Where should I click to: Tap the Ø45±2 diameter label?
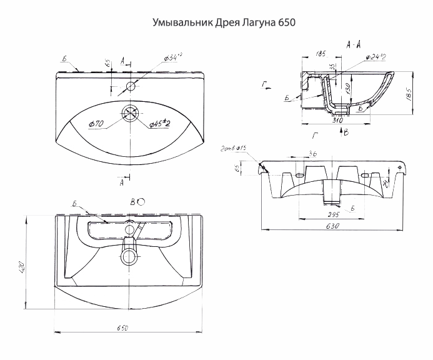[x=161, y=124]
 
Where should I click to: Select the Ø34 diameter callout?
[x=172, y=57]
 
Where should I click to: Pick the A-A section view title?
[x=353, y=44]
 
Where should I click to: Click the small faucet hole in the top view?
[x=130, y=85]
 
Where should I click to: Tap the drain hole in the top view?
[x=130, y=113]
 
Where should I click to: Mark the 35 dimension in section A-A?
[x=332, y=67]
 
